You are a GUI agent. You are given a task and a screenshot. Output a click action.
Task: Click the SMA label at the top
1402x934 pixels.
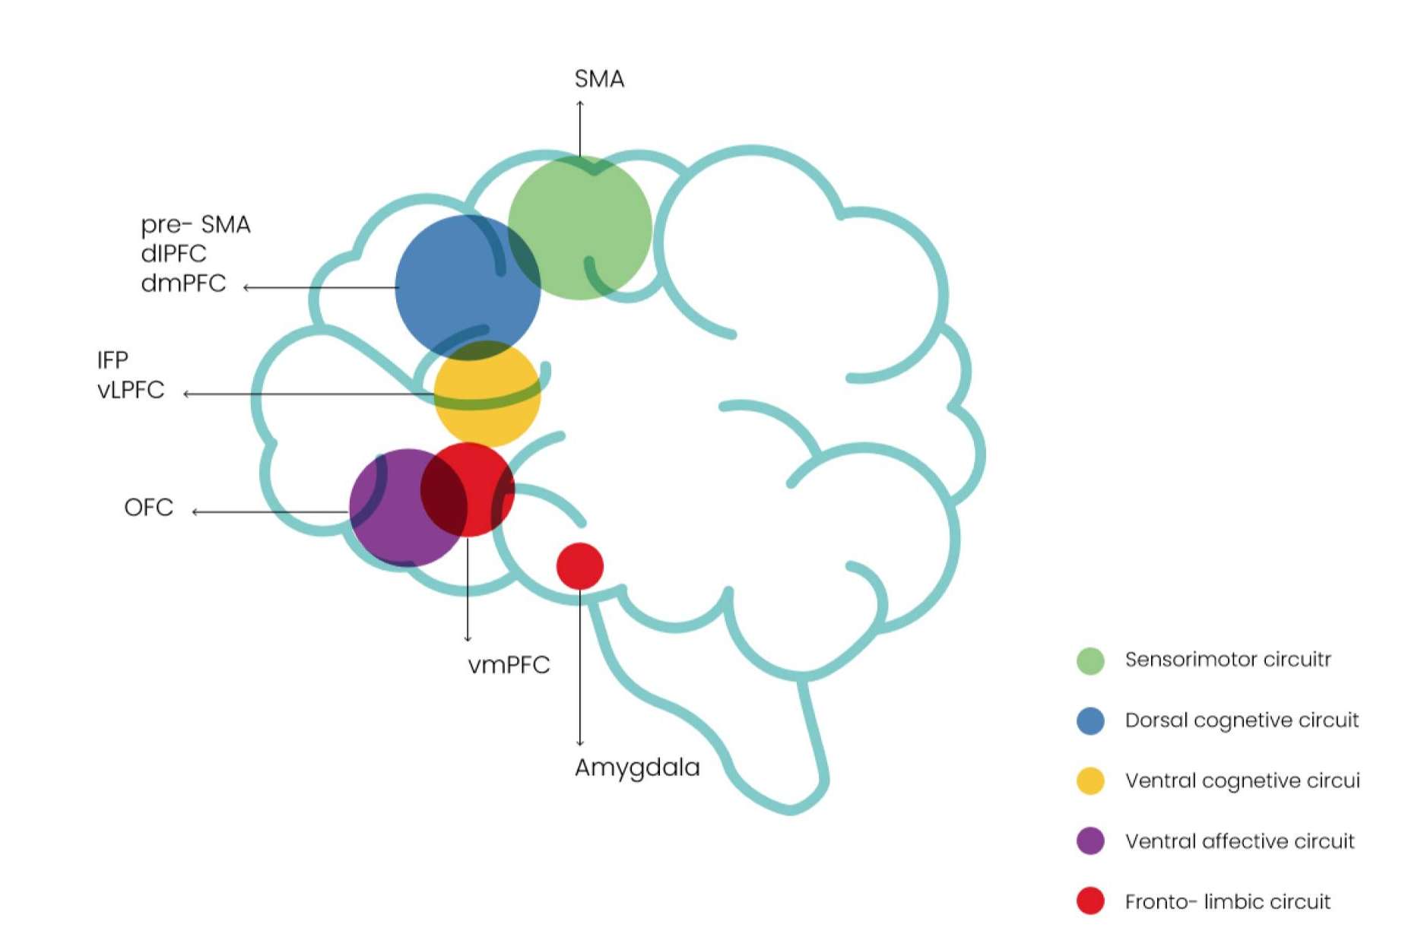pos(599,79)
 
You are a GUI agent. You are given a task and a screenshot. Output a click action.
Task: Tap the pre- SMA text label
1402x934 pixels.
pos(195,225)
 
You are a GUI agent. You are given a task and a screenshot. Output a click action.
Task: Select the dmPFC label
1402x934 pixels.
pos(183,283)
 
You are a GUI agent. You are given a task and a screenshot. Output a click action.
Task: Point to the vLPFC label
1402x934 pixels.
pos(131,390)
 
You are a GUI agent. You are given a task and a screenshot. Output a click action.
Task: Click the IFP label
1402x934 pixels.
pos(113,359)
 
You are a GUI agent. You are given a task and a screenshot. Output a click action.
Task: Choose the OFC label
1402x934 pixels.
pos(148,507)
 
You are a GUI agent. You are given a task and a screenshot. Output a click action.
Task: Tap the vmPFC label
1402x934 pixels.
pos(509,665)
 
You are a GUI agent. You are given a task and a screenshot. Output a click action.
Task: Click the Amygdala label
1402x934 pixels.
pos(637,768)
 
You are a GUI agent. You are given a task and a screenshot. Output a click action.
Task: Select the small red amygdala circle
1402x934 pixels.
pos(580,566)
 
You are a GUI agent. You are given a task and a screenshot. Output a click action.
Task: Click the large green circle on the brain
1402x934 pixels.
pos(580,228)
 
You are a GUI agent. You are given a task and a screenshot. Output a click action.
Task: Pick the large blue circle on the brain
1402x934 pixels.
pos(468,287)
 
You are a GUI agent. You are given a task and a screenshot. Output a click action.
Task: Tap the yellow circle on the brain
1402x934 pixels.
pos(487,394)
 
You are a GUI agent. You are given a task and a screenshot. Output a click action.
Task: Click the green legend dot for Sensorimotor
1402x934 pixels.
pos(1090,660)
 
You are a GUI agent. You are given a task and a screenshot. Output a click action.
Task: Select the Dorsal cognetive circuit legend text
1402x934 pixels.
pos(1242,720)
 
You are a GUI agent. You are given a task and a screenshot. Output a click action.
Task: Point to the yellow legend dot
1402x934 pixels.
pos(1090,780)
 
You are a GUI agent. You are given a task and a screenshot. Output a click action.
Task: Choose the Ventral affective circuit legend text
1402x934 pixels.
pos(1239,841)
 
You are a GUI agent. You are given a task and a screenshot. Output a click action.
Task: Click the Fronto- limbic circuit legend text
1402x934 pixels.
pos(1228,902)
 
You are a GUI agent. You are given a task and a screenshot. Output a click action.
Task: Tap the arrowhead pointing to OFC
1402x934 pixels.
pos(195,512)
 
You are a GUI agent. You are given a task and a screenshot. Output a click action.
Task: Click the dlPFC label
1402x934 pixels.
pos(173,254)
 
